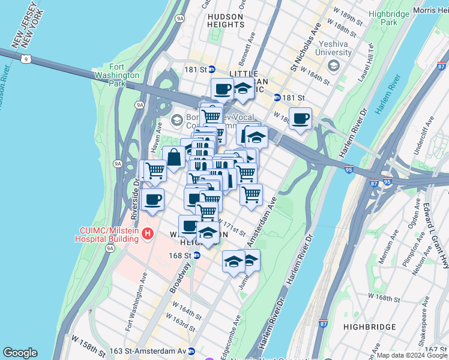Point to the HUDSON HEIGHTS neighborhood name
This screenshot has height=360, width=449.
click(226, 20)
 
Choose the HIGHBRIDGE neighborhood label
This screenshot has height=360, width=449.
click(370, 327)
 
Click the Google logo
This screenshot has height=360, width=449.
click(20, 353)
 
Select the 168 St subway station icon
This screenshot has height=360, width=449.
click(196, 255)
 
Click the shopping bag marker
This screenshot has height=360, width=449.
click(173, 158)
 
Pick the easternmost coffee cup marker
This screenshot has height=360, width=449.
click(300, 118)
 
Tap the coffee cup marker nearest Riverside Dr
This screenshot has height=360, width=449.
click(152, 200)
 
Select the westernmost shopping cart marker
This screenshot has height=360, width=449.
click(155, 170)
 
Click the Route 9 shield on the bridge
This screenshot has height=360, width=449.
click(24, 59)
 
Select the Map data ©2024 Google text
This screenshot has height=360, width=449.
click(412, 355)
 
